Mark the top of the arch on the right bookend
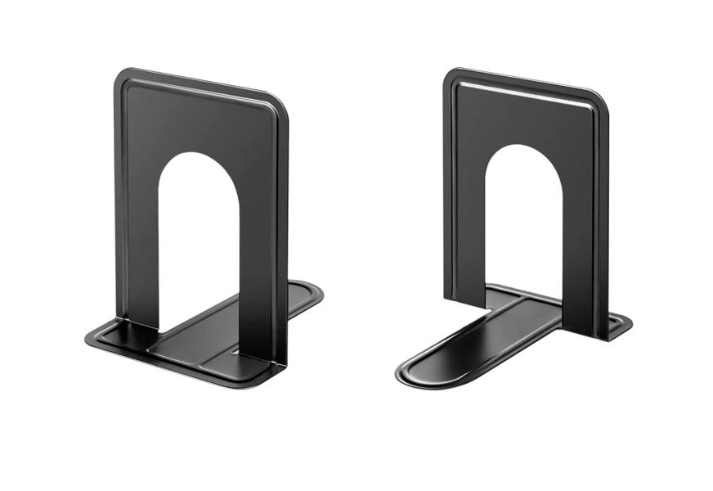click(x=523, y=146)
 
